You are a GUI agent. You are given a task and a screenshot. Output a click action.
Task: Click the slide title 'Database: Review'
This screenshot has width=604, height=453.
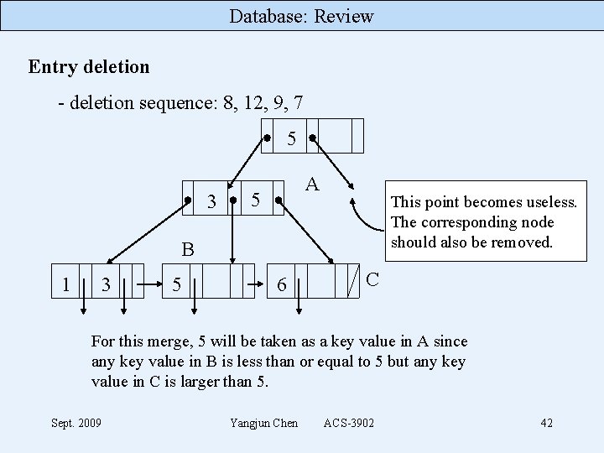(x=301, y=16)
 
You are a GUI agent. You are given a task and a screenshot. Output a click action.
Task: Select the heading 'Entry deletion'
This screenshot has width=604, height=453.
(x=89, y=66)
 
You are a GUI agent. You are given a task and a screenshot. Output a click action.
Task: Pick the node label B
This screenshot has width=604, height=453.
(x=188, y=249)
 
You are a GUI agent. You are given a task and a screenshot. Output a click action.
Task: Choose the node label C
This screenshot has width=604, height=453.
(x=372, y=278)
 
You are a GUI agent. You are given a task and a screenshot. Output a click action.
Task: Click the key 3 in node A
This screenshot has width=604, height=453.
(x=211, y=201)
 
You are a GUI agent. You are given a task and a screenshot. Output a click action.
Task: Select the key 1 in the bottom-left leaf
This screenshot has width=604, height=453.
(x=65, y=284)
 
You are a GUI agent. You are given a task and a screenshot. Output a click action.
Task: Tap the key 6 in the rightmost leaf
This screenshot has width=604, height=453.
(x=282, y=285)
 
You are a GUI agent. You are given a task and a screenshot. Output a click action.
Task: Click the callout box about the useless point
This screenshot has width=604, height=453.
(x=482, y=222)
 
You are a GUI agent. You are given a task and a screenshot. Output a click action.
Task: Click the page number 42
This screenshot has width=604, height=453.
(x=546, y=422)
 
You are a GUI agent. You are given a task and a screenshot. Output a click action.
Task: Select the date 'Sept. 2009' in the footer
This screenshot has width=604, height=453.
(x=76, y=422)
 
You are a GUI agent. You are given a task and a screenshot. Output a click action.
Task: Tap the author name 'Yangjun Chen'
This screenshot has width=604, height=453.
(x=263, y=422)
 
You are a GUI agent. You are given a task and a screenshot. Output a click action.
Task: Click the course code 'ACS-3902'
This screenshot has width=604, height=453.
(x=348, y=422)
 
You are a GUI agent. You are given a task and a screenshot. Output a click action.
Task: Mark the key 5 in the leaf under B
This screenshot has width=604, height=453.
(x=176, y=285)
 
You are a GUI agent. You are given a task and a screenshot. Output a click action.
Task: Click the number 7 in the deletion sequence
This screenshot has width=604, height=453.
(x=298, y=103)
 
